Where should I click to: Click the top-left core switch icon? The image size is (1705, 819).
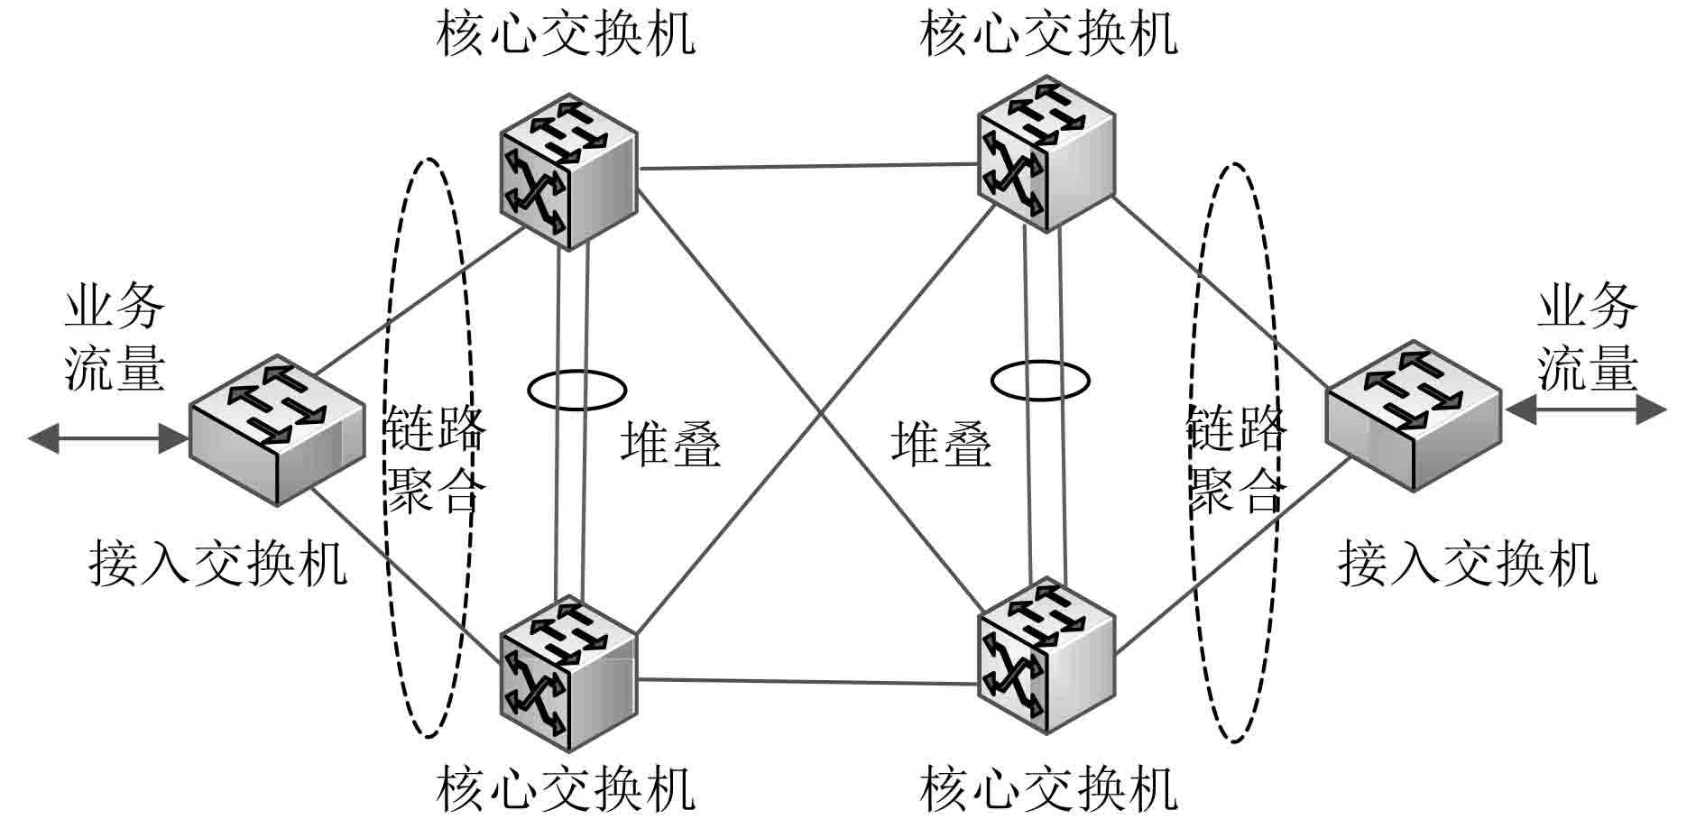click(568, 171)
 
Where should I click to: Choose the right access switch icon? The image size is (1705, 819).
click(1413, 415)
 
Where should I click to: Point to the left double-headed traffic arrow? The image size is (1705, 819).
click(108, 439)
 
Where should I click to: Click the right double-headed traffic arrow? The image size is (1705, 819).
click(1585, 410)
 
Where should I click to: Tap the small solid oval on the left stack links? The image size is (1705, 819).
click(577, 391)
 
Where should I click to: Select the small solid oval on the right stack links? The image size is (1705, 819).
click(1040, 380)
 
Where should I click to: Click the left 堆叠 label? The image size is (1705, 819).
click(671, 444)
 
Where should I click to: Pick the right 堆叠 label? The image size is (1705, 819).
click(941, 444)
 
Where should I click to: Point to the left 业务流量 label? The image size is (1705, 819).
click(115, 336)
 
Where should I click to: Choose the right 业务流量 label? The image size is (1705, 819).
click(1587, 336)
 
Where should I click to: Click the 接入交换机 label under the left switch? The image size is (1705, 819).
click(217, 564)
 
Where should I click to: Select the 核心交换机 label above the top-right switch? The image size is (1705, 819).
click(1048, 34)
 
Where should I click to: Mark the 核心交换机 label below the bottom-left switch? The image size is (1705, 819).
click(566, 789)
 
